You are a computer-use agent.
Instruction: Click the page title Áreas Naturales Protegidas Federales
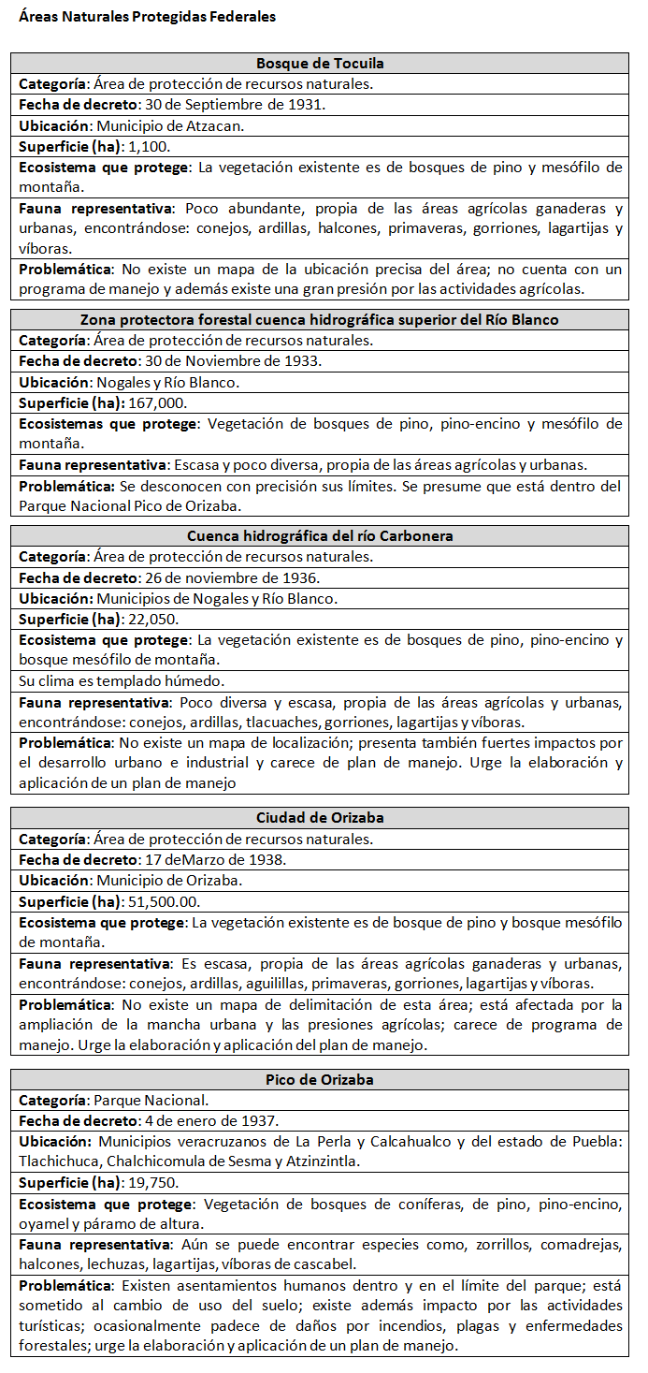[147, 17]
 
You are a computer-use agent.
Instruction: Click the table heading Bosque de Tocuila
[320, 64]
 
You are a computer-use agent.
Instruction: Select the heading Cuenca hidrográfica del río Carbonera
[320, 536]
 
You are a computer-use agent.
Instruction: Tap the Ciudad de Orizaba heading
[320, 818]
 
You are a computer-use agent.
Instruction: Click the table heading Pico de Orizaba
[320, 1079]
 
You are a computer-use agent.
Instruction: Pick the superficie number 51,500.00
[162, 901]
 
